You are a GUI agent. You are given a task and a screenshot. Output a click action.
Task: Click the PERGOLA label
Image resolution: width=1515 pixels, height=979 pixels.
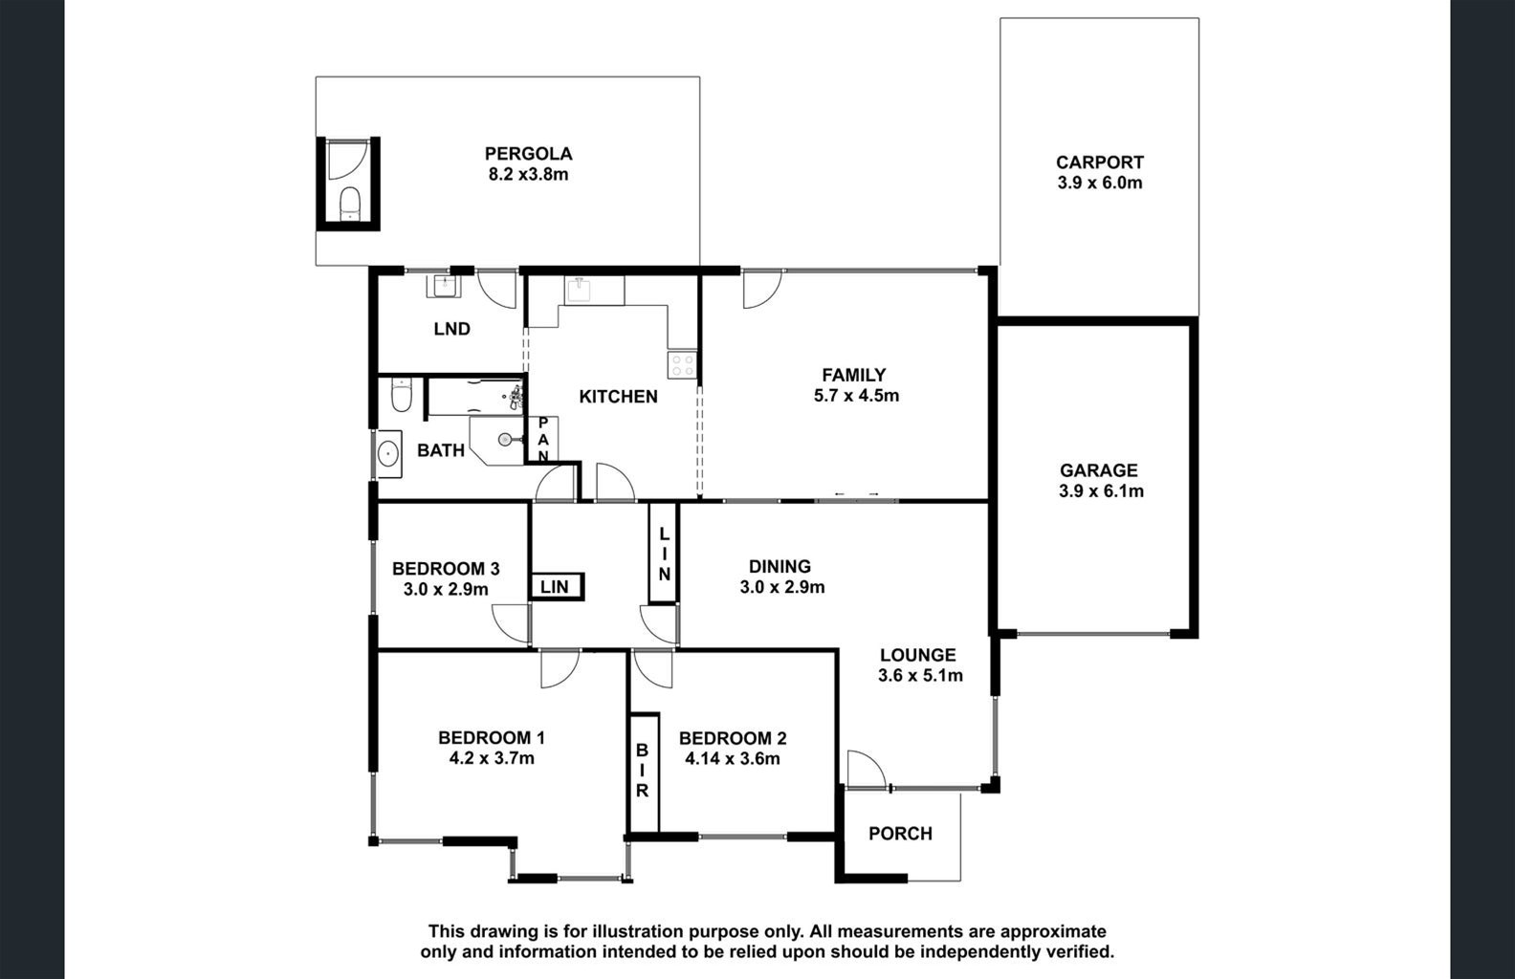click(528, 154)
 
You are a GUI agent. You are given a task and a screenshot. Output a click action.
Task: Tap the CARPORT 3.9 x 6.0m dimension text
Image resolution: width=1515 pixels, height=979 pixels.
click(1100, 183)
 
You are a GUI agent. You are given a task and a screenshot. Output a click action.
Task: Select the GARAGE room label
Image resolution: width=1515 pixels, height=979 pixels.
click(1098, 469)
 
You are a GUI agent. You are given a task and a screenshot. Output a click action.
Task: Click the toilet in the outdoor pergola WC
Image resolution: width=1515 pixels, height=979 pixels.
click(349, 204)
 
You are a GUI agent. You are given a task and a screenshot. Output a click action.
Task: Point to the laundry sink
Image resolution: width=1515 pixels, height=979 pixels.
click(443, 287)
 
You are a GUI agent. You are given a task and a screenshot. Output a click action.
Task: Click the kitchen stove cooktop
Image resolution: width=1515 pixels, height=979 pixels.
click(682, 365)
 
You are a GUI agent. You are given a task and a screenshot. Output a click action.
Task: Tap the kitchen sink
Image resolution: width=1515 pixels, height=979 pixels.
click(580, 292)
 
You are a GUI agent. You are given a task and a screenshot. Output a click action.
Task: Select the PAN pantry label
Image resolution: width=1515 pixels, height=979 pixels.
click(543, 440)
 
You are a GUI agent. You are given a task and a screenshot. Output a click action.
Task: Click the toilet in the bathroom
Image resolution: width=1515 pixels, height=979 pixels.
click(401, 396)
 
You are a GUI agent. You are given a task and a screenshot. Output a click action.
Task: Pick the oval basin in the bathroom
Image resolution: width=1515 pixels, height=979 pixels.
click(387, 454)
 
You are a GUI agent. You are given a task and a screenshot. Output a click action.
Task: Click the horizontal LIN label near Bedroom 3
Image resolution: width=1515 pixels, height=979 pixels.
click(555, 587)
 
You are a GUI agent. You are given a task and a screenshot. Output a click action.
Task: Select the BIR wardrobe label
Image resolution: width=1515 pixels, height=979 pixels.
click(643, 770)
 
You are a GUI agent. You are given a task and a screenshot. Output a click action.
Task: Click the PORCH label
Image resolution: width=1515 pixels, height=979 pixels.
click(900, 834)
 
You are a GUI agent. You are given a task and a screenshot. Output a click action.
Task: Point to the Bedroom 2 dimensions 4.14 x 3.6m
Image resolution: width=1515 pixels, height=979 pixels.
click(733, 758)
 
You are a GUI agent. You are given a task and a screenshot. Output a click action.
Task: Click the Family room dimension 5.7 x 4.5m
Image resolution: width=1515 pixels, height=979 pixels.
click(856, 396)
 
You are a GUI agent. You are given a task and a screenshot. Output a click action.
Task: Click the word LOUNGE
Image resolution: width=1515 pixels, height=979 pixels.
click(918, 655)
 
